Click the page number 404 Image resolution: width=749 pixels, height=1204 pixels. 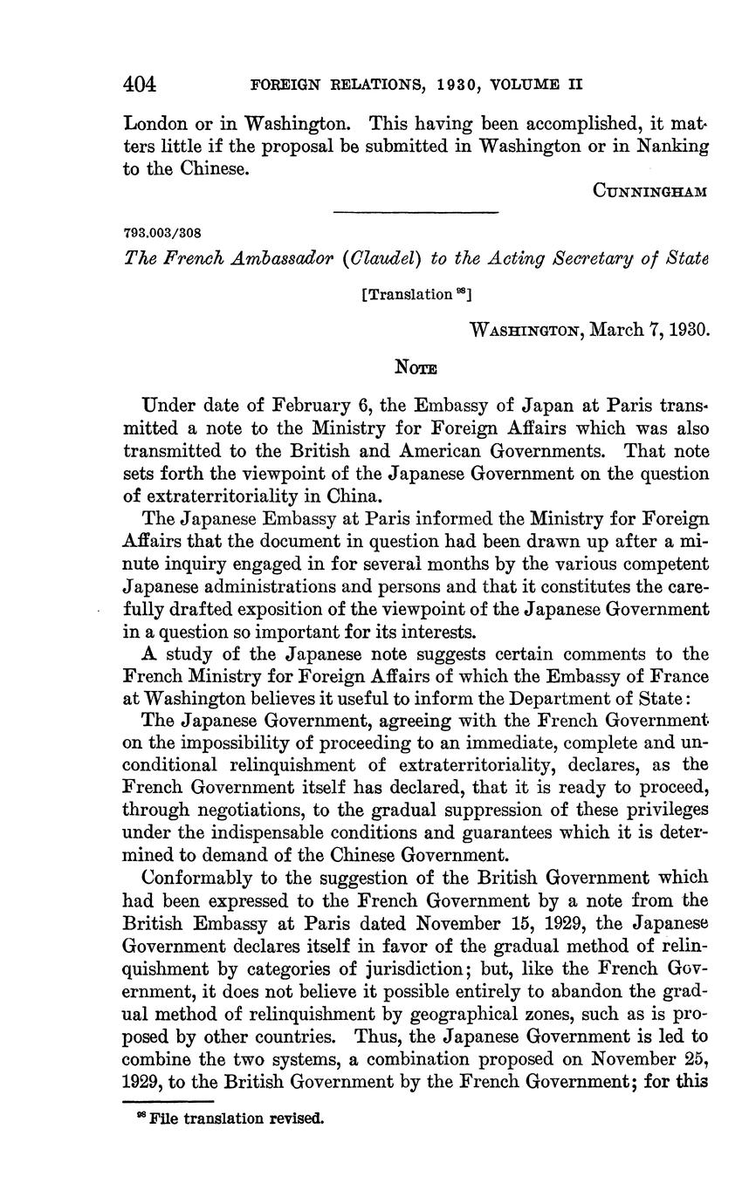click(x=139, y=85)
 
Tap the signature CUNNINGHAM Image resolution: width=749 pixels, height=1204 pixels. click(x=648, y=192)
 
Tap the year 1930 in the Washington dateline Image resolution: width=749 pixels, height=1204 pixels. click(x=687, y=331)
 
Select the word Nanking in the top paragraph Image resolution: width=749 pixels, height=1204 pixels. click(x=673, y=146)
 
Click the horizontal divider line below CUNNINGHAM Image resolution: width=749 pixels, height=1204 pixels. click(x=416, y=212)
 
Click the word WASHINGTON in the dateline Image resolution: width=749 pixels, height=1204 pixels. click(x=526, y=331)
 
